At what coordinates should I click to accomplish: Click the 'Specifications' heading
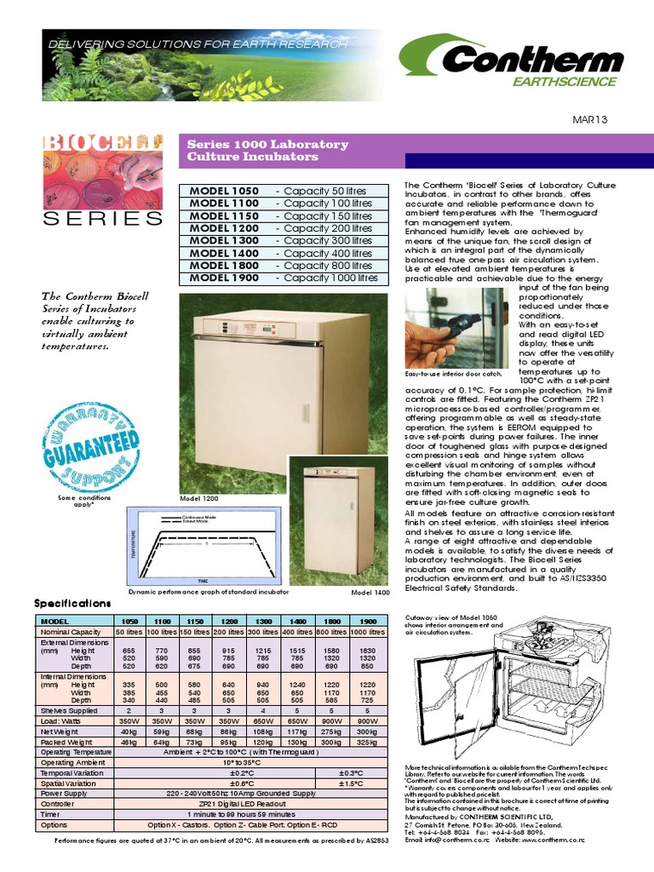[x=72, y=603]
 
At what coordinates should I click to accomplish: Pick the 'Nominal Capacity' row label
[x=72, y=633]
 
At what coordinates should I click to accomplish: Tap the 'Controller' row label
[x=57, y=803]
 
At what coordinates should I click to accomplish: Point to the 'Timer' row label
[x=51, y=813]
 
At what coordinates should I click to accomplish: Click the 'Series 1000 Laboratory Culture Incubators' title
[x=267, y=151]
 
